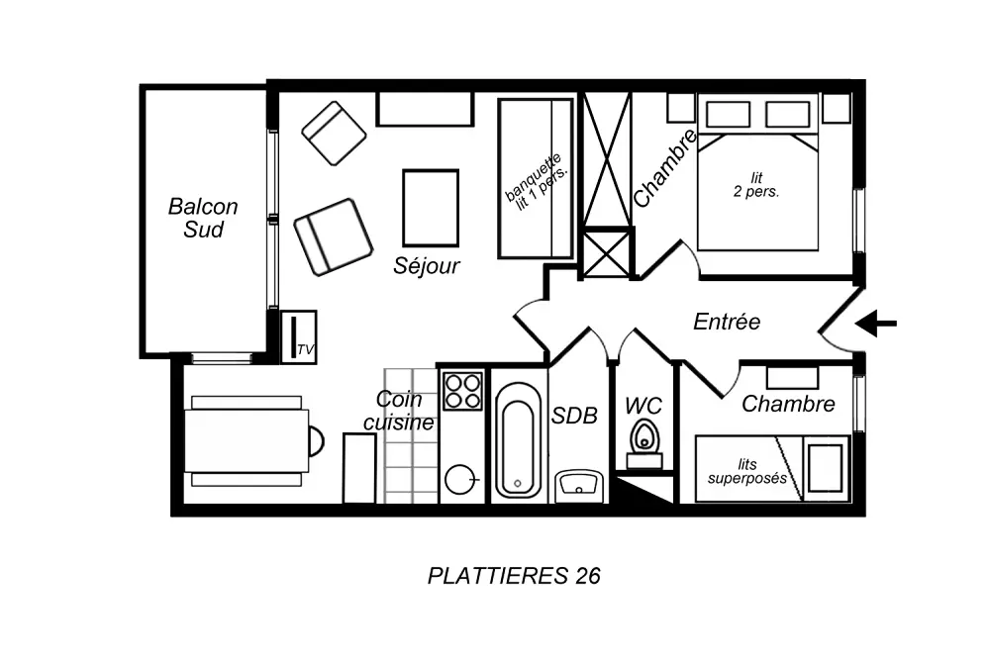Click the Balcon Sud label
coord(203,218)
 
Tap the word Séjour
coord(427,265)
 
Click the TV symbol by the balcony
coord(298,337)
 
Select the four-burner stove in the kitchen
coord(462,391)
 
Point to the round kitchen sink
coord(460,480)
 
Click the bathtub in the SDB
coord(518,439)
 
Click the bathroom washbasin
coord(579,486)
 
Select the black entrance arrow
coord(876,324)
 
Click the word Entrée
coord(727,322)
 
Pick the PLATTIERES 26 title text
coord(514,576)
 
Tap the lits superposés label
coord(747,471)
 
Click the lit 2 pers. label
coord(756,185)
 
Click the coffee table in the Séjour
coord(431,208)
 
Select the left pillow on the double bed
coord(728,115)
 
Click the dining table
coord(247,440)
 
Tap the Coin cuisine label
coord(399,411)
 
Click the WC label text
coord(643,406)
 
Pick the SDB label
coord(574,416)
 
